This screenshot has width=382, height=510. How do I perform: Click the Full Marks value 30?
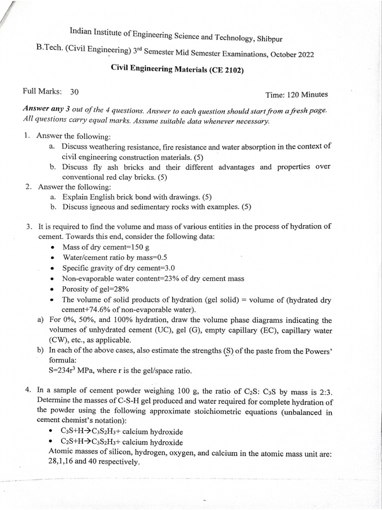point(74,92)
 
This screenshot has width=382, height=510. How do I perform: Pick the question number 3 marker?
point(29,227)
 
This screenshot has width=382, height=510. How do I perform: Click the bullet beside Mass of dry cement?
point(53,248)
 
